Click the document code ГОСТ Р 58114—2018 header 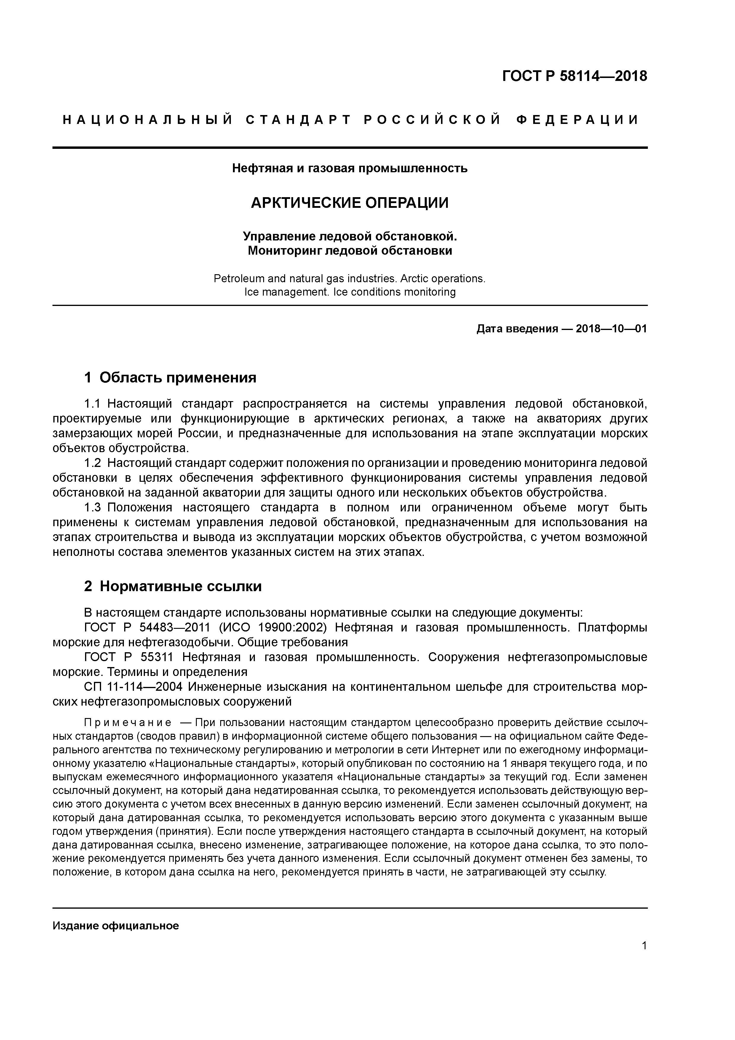(x=574, y=76)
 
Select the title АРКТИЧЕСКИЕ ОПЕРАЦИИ (x=350, y=202)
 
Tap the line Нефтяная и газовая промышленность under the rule (x=350, y=168)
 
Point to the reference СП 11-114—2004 (x=133, y=687)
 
